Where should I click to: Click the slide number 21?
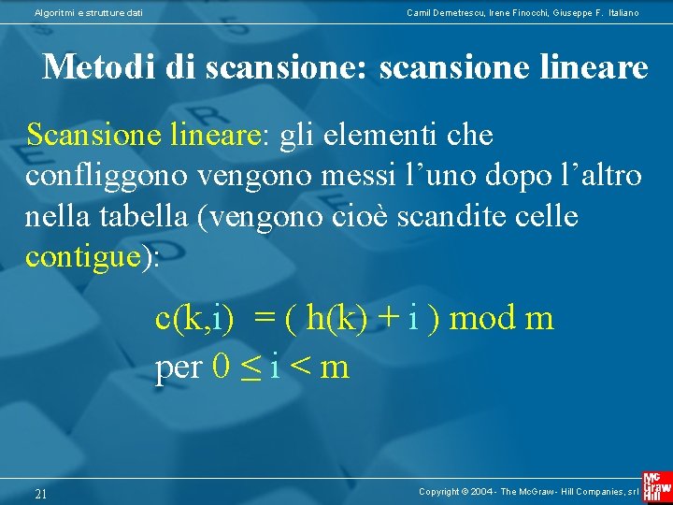coord(40,494)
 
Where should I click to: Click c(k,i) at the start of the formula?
coord(194,319)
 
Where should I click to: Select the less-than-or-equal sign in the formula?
coord(249,368)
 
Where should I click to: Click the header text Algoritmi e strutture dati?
coord(89,12)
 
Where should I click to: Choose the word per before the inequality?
coord(179,368)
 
